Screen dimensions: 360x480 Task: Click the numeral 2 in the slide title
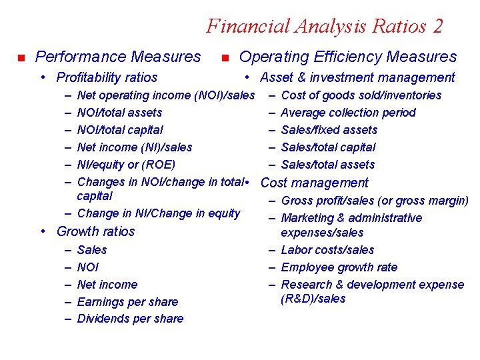click(x=436, y=26)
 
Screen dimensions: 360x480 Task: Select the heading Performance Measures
click(x=117, y=57)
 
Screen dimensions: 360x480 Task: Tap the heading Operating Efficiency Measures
click(x=347, y=57)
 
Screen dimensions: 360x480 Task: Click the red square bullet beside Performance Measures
click(x=21, y=58)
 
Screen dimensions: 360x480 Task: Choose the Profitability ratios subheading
click(x=107, y=78)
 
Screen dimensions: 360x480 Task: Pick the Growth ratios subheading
click(x=95, y=231)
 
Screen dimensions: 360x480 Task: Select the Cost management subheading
click(x=314, y=183)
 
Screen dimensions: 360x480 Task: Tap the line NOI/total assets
click(x=119, y=113)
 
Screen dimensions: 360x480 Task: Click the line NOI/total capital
click(x=120, y=130)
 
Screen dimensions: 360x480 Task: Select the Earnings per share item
click(x=127, y=302)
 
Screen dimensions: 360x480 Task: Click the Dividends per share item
click(x=130, y=319)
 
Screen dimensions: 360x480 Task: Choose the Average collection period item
click(x=348, y=113)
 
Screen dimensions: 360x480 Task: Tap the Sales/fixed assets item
click(x=329, y=130)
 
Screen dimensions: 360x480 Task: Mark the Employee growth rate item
click(x=339, y=267)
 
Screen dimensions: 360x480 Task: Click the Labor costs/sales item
click(x=327, y=250)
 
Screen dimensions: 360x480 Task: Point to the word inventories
click(x=411, y=95)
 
